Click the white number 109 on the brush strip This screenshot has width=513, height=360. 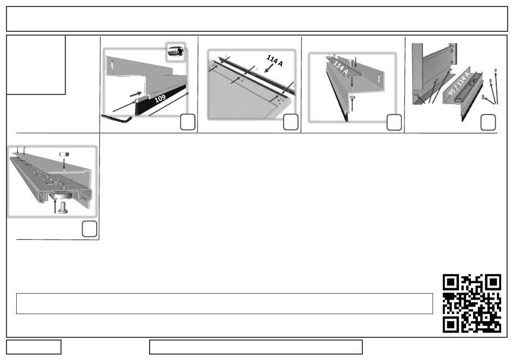click(160, 98)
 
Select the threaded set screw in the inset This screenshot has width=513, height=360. click(175, 51)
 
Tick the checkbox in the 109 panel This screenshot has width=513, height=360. click(188, 122)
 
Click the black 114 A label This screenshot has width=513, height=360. click(274, 60)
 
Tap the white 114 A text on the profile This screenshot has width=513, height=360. click(341, 67)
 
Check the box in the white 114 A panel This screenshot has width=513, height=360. click(394, 123)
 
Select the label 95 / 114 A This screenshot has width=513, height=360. click(458, 84)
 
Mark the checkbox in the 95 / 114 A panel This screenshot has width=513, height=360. click(488, 123)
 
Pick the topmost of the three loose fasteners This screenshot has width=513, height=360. click(495, 70)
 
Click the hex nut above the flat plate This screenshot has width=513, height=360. click(64, 154)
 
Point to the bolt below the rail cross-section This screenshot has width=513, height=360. click(63, 208)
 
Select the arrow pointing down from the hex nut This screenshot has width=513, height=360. click(64, 163)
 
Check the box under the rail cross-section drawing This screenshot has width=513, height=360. click(89, 229)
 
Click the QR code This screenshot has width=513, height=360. click(472, 303)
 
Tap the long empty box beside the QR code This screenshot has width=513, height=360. click(225, 304)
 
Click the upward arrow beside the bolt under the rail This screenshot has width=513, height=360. click(55, 206)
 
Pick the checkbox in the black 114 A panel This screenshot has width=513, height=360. click(291, 122)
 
